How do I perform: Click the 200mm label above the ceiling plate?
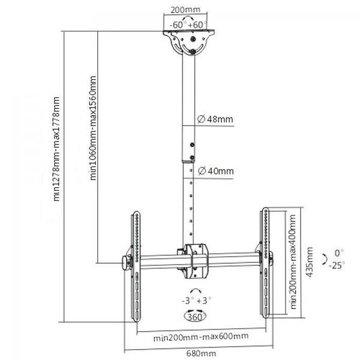[185, 10]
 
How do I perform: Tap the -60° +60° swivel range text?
[188, 25]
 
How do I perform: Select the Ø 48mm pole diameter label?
[215, 119]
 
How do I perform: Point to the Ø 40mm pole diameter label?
[215, 171]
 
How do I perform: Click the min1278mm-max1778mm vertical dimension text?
[56, 149]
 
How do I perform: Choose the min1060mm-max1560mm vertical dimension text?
[93, 128]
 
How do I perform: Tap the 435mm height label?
[310, 262]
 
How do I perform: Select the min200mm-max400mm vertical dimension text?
[293, 262]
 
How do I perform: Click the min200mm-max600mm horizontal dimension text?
[201, 337]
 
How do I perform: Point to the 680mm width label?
[201, 353]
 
